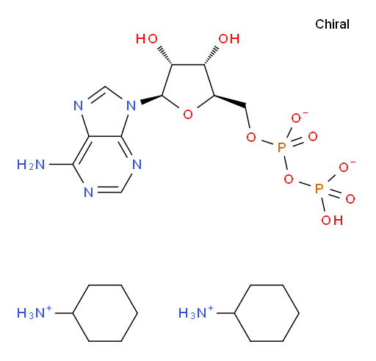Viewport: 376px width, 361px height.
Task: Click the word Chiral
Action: click(332, 24)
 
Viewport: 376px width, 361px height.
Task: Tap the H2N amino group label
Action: click(31, 165)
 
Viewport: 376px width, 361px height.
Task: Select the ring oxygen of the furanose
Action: click(188, 115)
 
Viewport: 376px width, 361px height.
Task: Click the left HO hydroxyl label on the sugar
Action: click(147, 39)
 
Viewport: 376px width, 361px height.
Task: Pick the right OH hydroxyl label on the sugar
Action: click(229, 39)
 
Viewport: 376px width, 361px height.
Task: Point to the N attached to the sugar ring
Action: click(131, 106)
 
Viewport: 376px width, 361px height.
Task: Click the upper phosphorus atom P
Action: click(282, 148)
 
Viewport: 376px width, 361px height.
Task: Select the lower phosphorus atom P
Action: click(319, 188)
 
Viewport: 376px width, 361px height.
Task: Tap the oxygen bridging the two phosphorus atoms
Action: click(289, 179)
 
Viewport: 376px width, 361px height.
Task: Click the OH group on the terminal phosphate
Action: click(332, 220)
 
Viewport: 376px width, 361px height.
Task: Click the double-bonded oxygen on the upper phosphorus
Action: click(313, 137)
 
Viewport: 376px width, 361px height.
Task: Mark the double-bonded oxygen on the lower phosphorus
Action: click(350, 199)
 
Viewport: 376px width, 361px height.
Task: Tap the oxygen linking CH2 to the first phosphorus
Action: click(251, 137)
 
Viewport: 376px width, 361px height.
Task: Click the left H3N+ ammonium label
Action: click(35, 312)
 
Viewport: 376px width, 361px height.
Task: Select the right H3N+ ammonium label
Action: click(196, 312)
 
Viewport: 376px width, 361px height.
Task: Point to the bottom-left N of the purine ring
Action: click(88, 193)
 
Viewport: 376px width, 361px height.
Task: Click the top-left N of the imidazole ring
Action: click(79, 106)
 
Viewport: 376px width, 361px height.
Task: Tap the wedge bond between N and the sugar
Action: click(151, 99)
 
